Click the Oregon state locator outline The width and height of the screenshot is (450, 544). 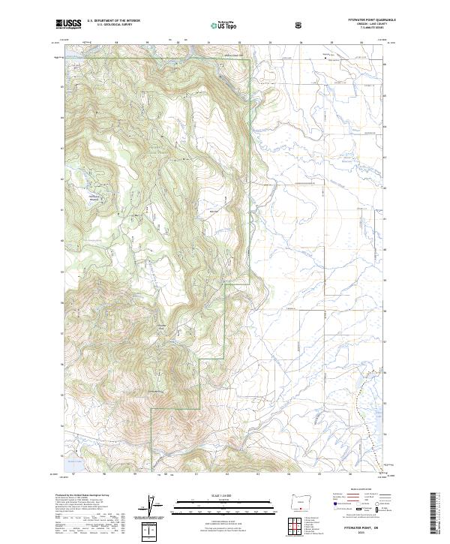tap(301, 500)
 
